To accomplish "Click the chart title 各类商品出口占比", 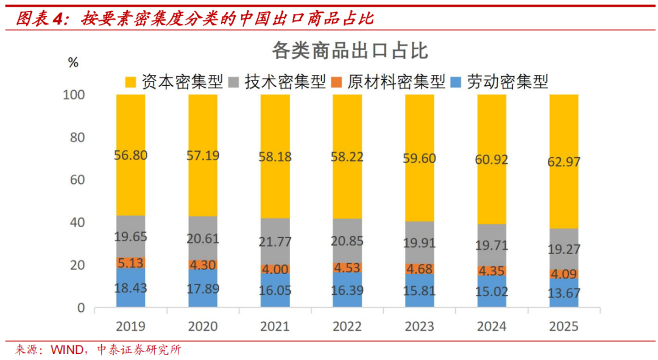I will [350, 51].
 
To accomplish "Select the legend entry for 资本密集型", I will [174, 82].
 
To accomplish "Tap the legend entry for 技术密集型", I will [277, 82].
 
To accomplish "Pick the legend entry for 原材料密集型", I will [387, 82].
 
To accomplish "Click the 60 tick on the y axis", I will [77, 180].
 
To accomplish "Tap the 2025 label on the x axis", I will [564, 326].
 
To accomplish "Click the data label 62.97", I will [564, 162].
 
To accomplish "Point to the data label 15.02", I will [492, 292].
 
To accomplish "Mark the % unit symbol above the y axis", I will [73, 62].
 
